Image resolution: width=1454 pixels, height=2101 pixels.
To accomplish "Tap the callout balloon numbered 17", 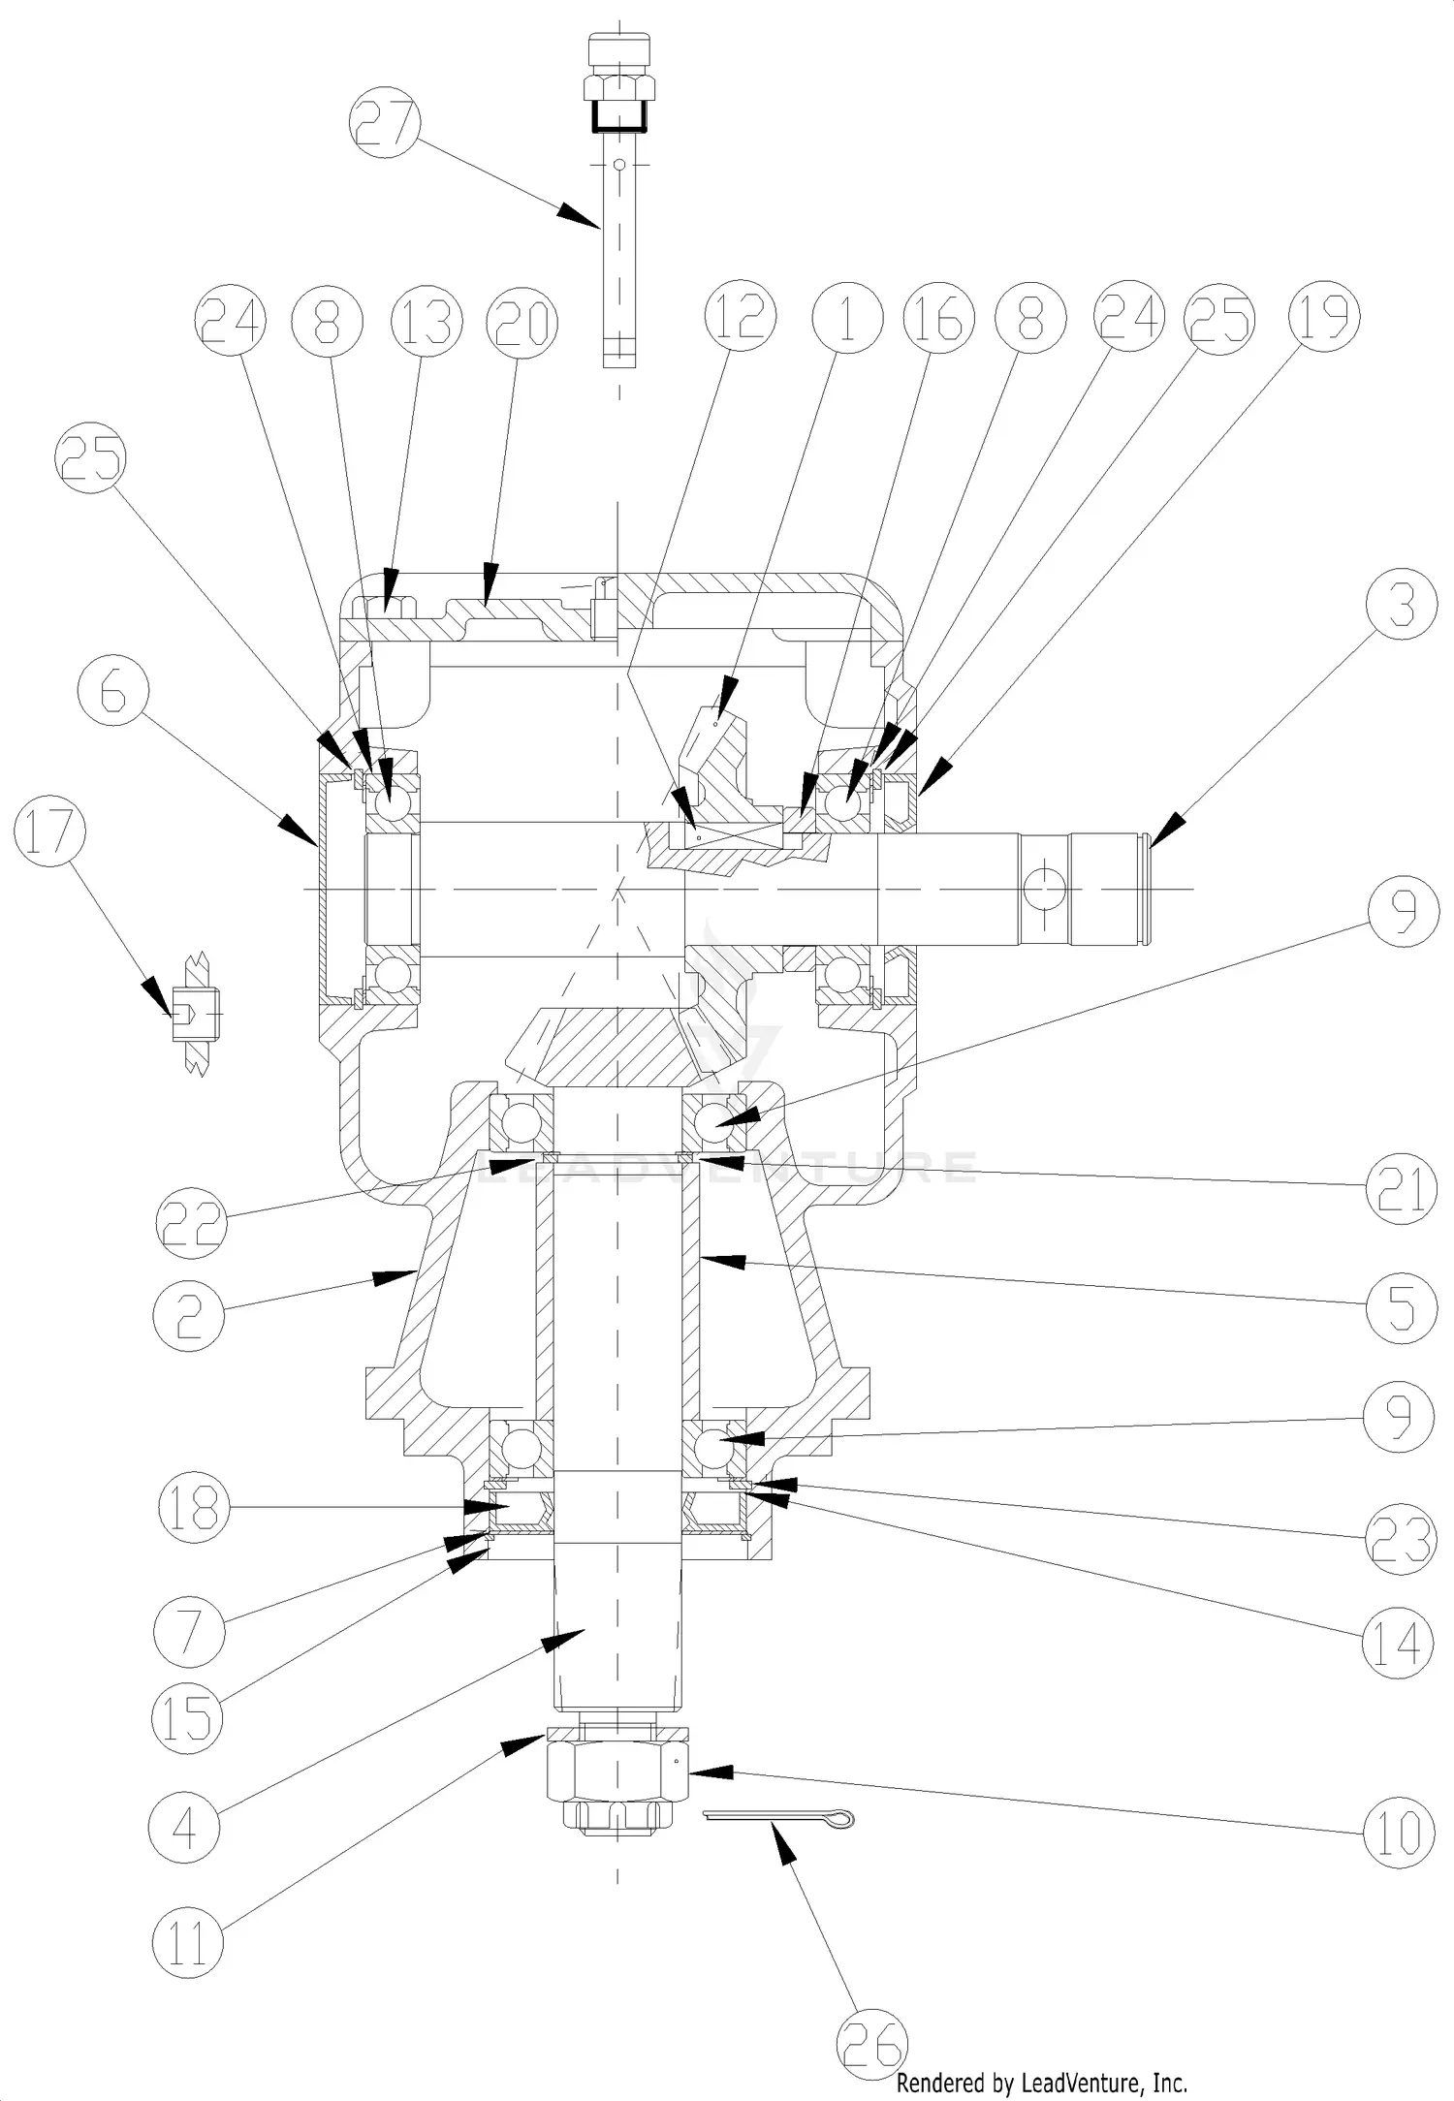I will [x=50, y=834].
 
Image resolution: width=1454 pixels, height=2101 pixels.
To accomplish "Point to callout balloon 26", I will [x=872, y=2037].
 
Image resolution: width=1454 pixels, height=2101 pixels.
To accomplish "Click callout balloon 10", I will [x=1399, y=1832].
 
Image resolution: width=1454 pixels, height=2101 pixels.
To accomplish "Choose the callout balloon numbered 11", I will [x=188, y=1941].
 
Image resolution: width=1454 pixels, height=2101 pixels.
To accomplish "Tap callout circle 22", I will [x=192, y=1223].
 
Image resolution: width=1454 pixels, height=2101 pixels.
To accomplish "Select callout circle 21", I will [x=1400, y=1189].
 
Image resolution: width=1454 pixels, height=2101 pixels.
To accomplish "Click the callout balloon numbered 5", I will [x=1400, y=1308].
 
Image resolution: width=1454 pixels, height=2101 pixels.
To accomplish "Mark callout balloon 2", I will [x=189, y=1316].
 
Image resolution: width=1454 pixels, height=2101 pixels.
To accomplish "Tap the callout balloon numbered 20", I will [x=523, y=324].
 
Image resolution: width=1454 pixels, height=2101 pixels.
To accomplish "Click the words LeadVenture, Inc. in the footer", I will [x=1105, y=2082].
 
